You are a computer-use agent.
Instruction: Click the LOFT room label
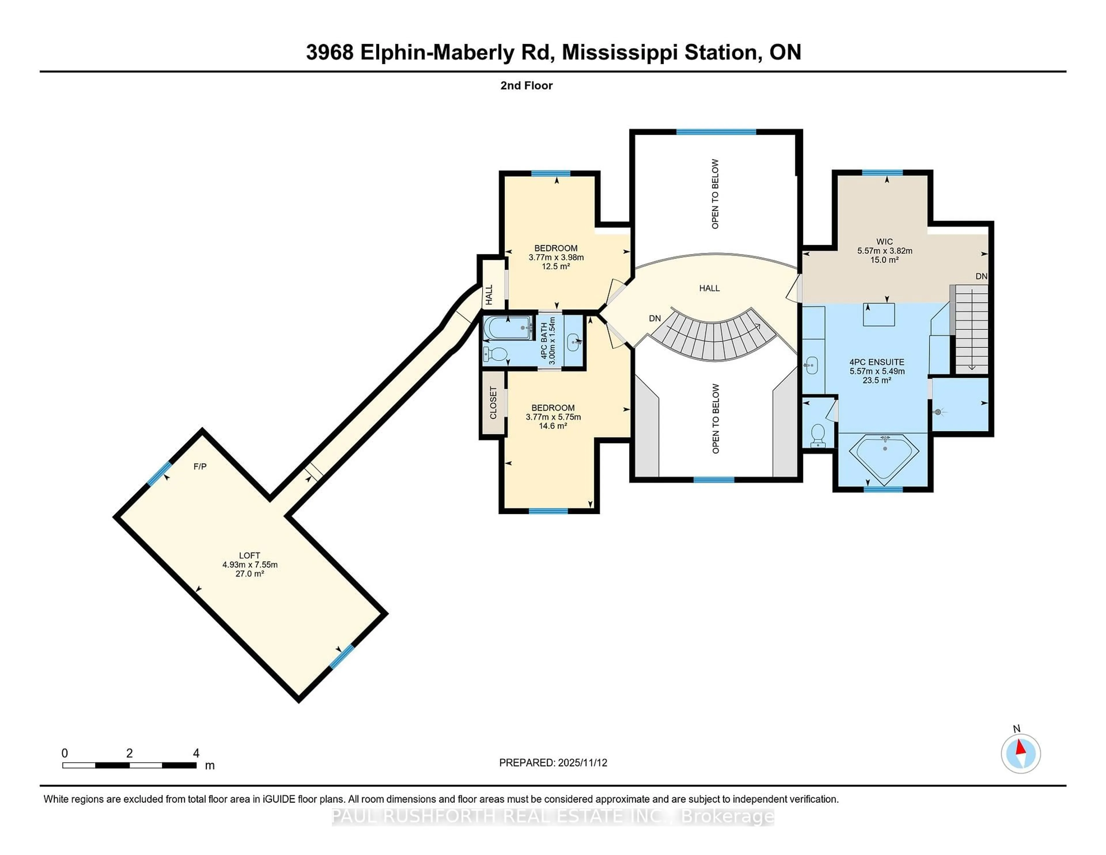249,556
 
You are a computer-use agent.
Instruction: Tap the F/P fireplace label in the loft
200,466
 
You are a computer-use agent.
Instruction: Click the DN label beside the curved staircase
655,319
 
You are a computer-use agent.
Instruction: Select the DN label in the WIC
981,277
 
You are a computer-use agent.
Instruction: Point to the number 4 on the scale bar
196,753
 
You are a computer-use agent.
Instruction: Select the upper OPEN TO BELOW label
715,194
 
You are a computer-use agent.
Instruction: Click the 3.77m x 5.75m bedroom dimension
553,417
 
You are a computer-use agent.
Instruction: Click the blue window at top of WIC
882,173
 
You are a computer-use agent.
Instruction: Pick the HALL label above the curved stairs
709,288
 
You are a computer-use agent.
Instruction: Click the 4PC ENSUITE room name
877,362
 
